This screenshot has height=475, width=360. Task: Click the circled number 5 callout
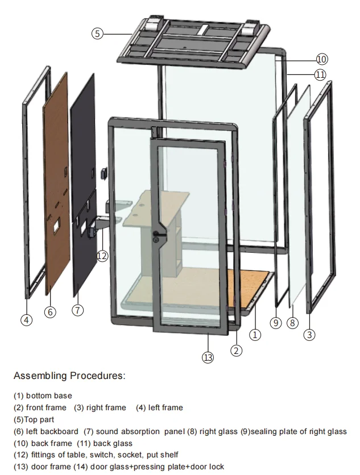click(x=97, y=34)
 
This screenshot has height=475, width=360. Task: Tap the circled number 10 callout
click(x=321, y=59)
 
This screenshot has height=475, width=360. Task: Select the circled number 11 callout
click(x=321, y=74)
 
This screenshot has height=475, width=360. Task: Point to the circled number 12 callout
click(x=102, y=256)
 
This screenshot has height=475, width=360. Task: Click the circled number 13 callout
click(x=208, y=357)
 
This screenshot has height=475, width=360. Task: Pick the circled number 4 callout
click(x=26, y=320)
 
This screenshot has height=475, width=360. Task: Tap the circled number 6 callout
click(x=51, y=312)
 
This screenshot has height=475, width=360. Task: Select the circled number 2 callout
click(x=236, y=351)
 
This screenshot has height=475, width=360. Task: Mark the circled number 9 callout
click(x=276, y=323)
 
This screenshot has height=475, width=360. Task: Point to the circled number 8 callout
click(x=292, y=323)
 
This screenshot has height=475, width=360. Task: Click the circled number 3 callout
click(x=309, y=335)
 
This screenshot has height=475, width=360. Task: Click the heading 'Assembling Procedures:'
click(x=69, y=376)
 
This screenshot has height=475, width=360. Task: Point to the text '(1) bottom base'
click(x=43, y=395)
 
